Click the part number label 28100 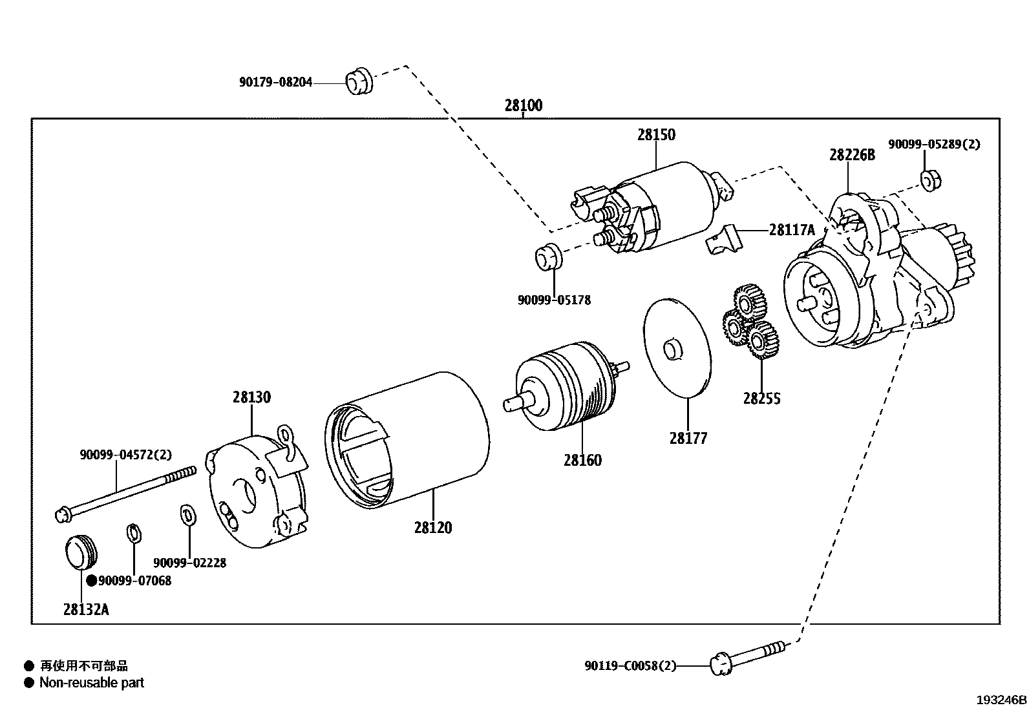click(523, 105)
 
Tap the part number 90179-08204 click(275, 82)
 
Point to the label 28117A click(792, 229)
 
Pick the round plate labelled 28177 click(677, 348)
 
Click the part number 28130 click(251, 397)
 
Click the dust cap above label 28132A click(81, 551)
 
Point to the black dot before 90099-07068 click(92, 581)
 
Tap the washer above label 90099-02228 click(187, 515)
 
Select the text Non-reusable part click(91, 683)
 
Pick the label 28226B click(852, 155)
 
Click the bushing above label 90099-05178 click(549, 256)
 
